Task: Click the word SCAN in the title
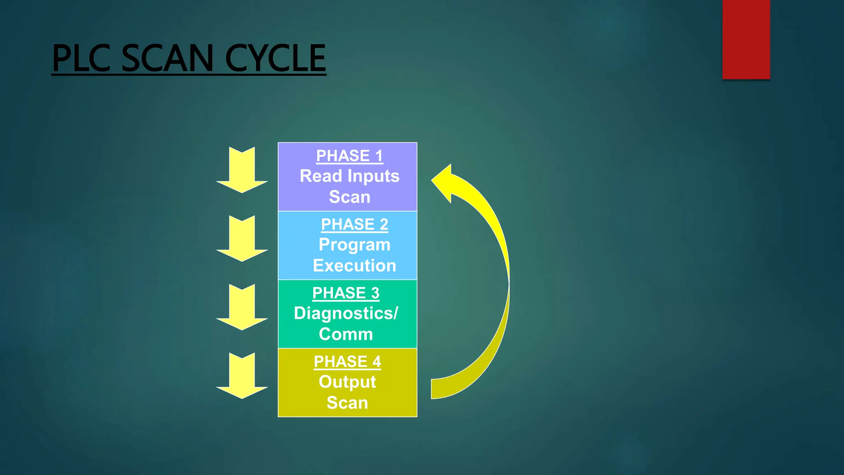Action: (168, 59)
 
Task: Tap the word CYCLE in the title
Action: (275, 59)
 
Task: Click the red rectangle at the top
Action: (746, 40)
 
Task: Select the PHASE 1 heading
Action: (349, 156)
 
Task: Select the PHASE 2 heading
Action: (354, 224)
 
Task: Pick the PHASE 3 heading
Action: (346, 293)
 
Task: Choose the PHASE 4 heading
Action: (347, 362)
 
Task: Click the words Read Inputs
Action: (349, 176)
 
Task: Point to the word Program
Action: (354, 245)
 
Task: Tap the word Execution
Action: (354, 266)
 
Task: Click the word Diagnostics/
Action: (346, 313)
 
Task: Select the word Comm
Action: (346, 334)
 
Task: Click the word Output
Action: (347, 382)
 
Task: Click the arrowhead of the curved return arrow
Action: (443, 182)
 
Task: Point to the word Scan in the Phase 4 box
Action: (347, 403)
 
